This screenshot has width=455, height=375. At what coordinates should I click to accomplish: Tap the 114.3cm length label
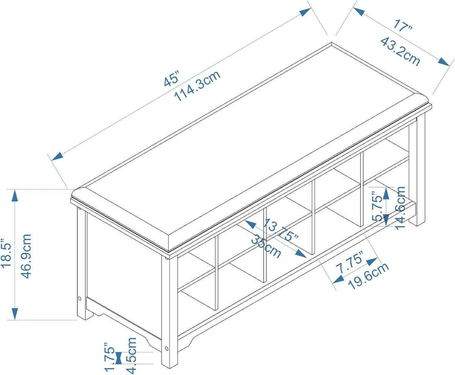tap(198, 86)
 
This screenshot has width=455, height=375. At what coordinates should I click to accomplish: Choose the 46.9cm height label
tap(26, 256)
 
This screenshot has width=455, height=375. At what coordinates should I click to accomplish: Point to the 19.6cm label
tap(369, 277)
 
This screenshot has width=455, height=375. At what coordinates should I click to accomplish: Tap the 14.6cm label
tap(400, 208)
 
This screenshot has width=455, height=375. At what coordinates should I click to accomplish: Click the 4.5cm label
tap(132, 356)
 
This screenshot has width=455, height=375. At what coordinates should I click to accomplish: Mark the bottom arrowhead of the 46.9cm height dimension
tap(15, 314)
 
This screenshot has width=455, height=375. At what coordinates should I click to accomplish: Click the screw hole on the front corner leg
tap(167, 349)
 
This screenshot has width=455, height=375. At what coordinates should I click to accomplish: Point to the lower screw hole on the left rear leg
tap(80, 299)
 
